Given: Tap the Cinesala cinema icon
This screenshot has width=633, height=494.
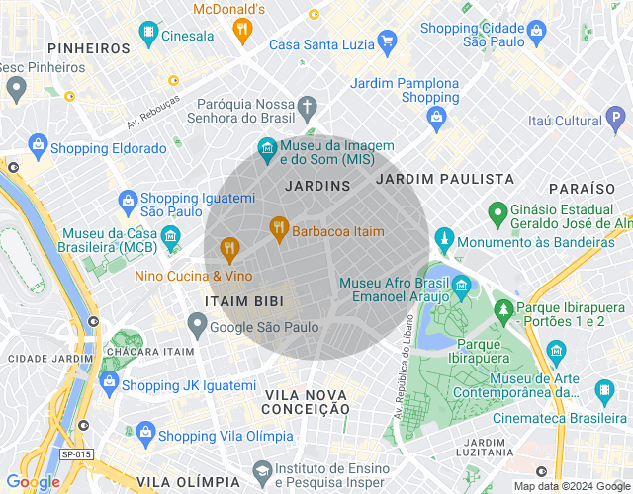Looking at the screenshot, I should (x=148, y=36).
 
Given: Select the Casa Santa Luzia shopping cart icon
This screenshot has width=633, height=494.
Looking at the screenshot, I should (x=387, y=42).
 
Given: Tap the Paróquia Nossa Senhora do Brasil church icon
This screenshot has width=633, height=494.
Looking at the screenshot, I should (x=308, y=105).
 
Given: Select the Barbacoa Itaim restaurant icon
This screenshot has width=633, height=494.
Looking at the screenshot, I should (x=279, y=228).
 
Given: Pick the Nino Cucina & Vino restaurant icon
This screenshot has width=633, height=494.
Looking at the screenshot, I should (x=229, y=248).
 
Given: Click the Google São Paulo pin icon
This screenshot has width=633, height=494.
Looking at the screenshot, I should (x=198, y=324).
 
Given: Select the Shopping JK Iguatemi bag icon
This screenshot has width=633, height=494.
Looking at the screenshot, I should (x=110, y=382).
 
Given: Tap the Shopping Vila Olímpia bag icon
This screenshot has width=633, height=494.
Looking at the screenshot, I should (x=145, y=434).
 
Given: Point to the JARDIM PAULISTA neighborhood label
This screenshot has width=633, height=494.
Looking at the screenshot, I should (x=445, y=179).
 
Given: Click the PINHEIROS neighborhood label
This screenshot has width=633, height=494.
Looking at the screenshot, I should (x=88, y=47).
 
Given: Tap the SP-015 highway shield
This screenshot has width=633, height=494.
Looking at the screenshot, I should (x=75, y=453).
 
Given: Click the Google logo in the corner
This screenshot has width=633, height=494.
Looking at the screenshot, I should (x=33, y=481).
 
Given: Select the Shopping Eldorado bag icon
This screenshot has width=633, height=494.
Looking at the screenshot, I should (x=38, y=146).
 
